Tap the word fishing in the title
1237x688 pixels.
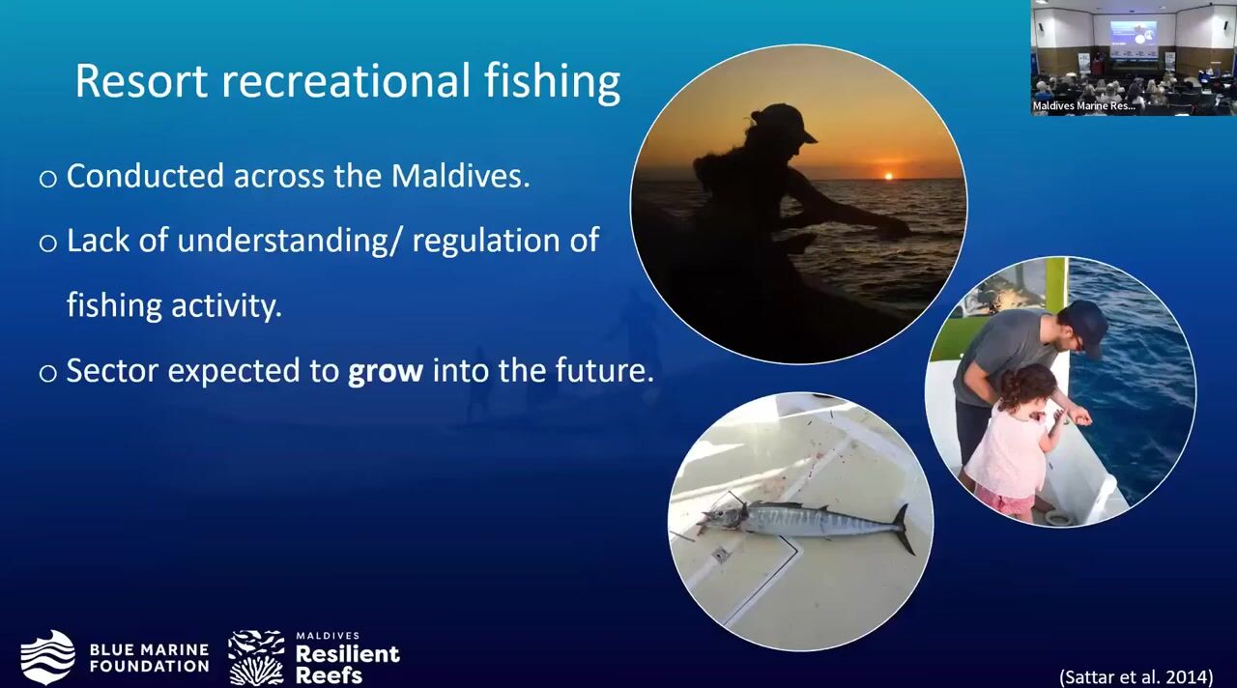click(x=552, y=83)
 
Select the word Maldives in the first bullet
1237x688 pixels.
click(x=460, y=176)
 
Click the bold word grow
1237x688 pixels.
click(x=386, y=371)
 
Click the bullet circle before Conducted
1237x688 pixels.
click(x=48, y=179)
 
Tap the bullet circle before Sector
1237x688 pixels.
click(x=48, y=373)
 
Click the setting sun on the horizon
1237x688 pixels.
click(x=888, y=176)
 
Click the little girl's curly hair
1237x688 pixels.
click(x=1028, y=387)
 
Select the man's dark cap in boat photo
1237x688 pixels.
click(x=1085, y=326)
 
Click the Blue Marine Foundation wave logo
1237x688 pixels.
click(x=47, y=657)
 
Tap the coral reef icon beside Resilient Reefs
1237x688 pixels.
click(x=256, y=658)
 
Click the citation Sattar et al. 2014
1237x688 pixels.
click(x=1136, y=676)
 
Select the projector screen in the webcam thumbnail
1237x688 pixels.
click(x=1134, y=40)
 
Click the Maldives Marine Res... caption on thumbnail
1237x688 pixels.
click(x=1083, y=105)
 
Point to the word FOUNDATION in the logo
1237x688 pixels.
click(x=149, y=666)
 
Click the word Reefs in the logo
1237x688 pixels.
click(x=329, y=675)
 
